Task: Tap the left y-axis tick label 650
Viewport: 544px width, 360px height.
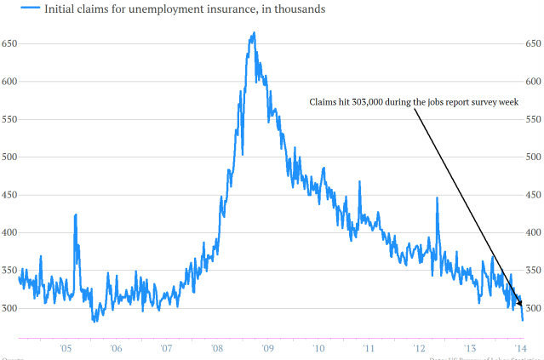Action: click(9, 43)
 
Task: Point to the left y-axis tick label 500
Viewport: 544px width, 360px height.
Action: click(9, 157)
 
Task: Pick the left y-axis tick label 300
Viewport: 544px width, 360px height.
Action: click(9, 308)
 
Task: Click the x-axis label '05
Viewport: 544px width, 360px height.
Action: click(66, 348)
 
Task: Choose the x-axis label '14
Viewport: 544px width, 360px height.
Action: click(518, 348)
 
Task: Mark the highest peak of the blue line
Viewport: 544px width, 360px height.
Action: click(254, 33)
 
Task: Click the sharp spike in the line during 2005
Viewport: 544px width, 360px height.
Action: click(75, 215)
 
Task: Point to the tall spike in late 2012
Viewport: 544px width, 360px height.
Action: click(437, 198)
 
